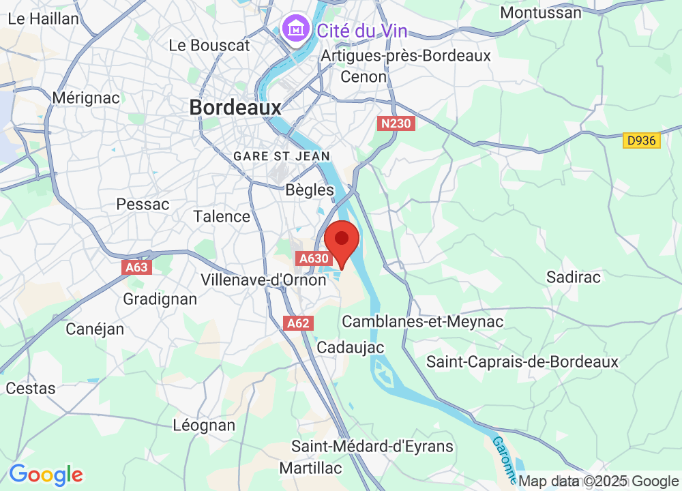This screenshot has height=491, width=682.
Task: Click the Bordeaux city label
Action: point(235,108)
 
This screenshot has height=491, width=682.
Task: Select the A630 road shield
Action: point(314,258)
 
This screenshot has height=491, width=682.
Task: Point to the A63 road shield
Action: point(137,267)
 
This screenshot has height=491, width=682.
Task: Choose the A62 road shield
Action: point(298,323)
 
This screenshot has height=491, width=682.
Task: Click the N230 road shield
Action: point(396,123)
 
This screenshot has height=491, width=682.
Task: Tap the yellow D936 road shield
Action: point(642,140)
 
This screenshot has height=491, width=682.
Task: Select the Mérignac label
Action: point(86,98)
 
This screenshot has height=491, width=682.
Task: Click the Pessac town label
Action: point(143,204)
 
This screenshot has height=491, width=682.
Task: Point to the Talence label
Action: point(222,216)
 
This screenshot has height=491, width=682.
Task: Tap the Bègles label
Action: point(310,190)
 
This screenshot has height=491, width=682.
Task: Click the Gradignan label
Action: point(160,299)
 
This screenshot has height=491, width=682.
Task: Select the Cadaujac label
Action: point(351,347)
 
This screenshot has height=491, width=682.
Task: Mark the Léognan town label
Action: point(204,426)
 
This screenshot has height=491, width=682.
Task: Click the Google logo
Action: point(46,474)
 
